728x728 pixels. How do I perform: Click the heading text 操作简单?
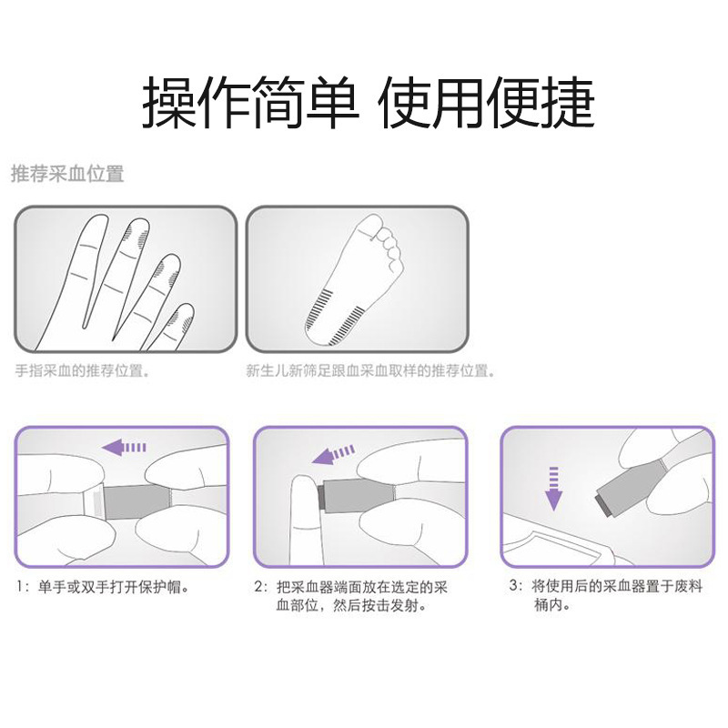(251, 102)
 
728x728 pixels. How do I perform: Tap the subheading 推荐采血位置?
(67, 174)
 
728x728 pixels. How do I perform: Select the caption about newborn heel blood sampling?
(370, 371)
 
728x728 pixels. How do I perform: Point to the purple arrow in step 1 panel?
(124, 448)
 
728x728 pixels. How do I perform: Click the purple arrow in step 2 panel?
(333, 454)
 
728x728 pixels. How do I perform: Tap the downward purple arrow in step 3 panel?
(553, 489)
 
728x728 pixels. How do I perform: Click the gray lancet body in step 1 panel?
(136, 502)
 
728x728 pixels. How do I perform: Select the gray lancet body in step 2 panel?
(358, 496)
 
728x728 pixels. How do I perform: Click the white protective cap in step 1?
(94, 502)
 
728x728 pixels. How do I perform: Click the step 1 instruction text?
(103, 587)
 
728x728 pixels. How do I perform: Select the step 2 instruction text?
(351, 597)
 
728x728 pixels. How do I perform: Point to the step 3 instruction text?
(605, 596)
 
